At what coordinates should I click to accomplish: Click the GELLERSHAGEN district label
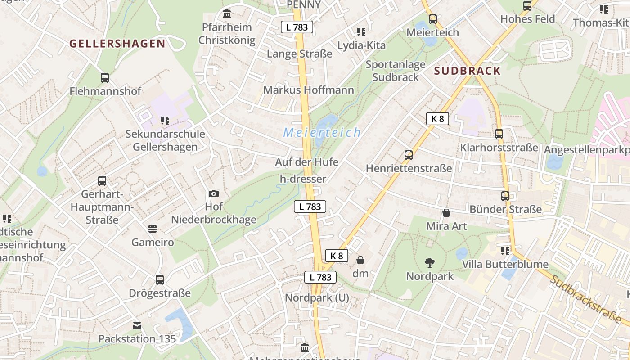pyautogui.click(x=117, y=44)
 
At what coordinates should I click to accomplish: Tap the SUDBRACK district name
pyautogui.click(x=468, y=71)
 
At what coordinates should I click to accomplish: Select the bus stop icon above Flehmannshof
pyautogui.click(x=105, y=77)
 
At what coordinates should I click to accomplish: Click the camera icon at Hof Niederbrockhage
pyautogui.click(x=214, y=193)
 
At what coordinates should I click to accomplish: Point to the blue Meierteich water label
pyautogui.click(x=322, y=132)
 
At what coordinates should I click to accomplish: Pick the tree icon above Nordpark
pyautogui.click(x=430, y=262)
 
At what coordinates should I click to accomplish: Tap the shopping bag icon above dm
pyautogui.click(x=360, y=260)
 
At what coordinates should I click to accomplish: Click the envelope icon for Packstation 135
pyautogui.click(x=137, y=325)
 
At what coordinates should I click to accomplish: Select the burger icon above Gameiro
pyautogui.click(x=153, y=229)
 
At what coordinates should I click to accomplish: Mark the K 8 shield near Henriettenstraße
pyautogui.click(x=437, y=119)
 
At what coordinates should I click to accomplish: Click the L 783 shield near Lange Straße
pyautogui.click(x=297, y=27)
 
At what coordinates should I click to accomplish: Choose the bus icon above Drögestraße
pyautogui.click(x=160, y=279)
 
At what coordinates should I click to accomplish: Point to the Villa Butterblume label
pyautogui.click(x=505, y=264)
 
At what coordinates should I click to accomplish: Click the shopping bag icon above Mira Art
pyautogui.click(x=446, y=212)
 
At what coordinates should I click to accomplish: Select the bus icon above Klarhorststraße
pyautogui.click(x=499, y=134)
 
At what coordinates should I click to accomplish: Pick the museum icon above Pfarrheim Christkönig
pyautogui.click(x=227, y=13)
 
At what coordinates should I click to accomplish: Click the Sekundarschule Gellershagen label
pyautogui.click(x=165, y=140)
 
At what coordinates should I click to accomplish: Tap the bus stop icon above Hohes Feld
pyautogui.click(x=527, y=6)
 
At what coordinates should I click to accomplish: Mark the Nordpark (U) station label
pyautogui.click(x=317, y=297)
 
